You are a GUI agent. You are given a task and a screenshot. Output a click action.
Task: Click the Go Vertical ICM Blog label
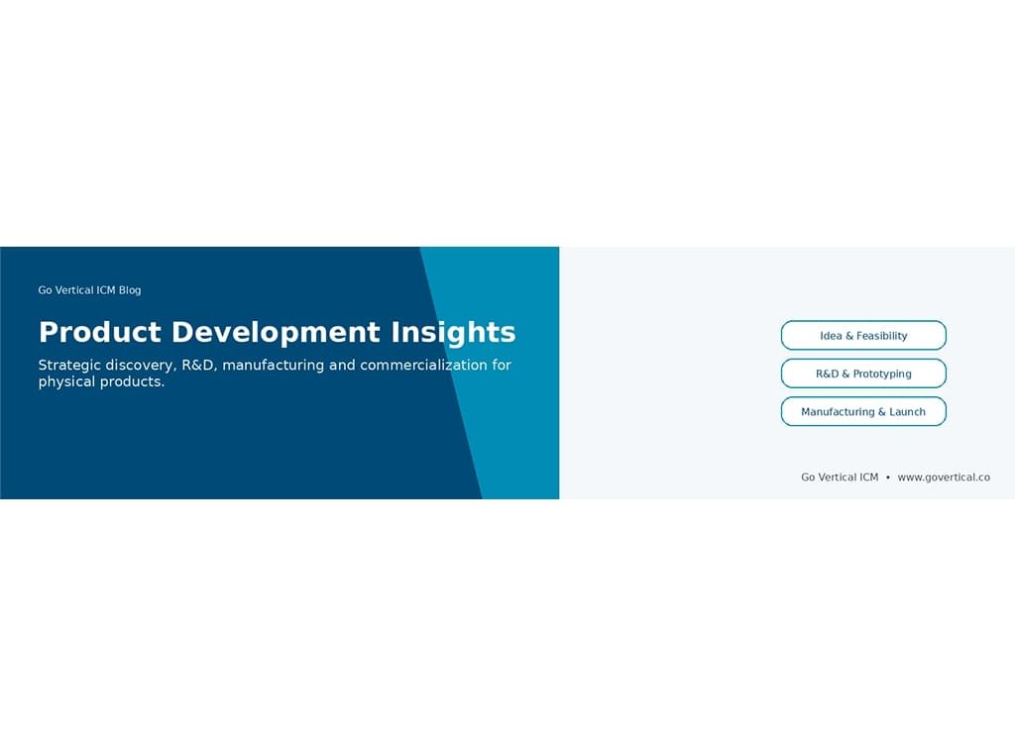pos(89,290)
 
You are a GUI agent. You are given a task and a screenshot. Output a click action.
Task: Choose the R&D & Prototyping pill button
pos(863,373)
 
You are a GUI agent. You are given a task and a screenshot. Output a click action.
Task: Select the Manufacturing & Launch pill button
pos(863,412)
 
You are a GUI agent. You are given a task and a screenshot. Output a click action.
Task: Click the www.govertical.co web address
pos(943,478)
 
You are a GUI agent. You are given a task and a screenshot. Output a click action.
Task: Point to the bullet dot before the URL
pos(888,478)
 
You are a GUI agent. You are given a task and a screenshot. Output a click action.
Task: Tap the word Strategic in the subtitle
pos(69,366)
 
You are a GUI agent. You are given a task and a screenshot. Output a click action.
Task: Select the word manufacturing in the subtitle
pos(274,366)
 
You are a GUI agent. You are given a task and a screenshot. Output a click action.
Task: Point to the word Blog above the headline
pos(130,290)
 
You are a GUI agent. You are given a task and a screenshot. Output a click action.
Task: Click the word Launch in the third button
pos(907,412)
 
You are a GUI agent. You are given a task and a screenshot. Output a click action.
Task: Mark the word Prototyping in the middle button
pos(882,373)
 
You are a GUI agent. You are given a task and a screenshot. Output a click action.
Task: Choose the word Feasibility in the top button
pos(881,336)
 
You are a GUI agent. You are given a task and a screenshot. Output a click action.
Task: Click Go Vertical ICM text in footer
pos(840,478)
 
